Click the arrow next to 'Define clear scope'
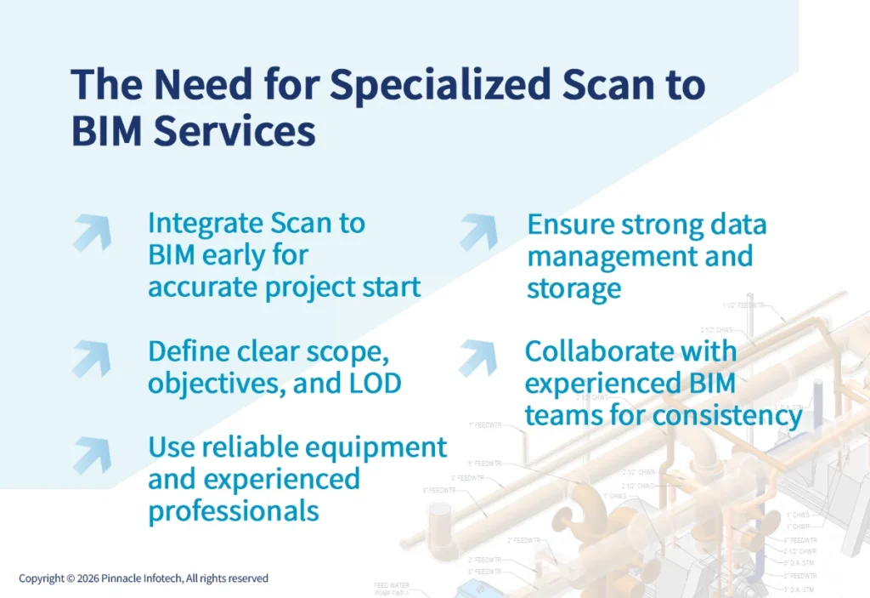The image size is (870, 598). [x=91, y=358]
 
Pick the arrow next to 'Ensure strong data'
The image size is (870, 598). [x=478, y=232]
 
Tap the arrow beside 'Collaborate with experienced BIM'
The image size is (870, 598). [x=477, y=358]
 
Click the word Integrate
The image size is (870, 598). [x=206, y=223]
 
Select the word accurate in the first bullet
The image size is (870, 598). [x=201, y=287]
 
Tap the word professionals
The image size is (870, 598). [x=233, y=510]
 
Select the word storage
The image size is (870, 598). [x=573, y=289]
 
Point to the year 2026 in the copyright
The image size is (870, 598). [x=88, y=578]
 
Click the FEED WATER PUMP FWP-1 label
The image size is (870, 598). [x=393, y=589]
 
